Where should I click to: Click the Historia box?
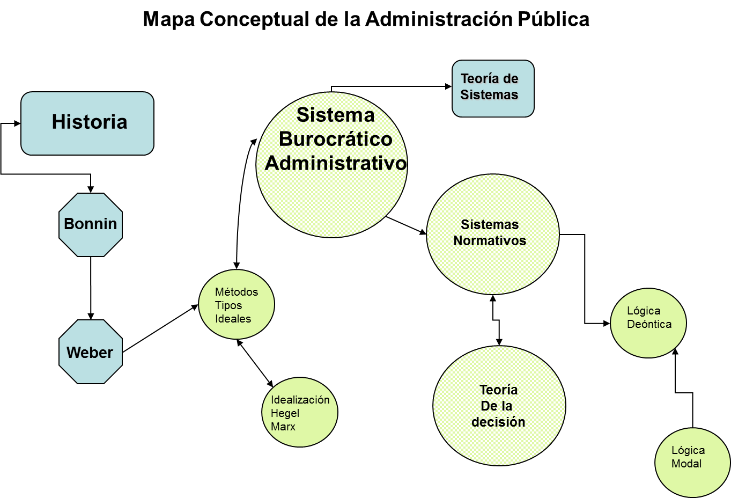click(87, 123)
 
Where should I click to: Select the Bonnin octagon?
click(91, 224)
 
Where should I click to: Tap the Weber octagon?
click(91, 352)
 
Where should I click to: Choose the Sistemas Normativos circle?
click(492, 234)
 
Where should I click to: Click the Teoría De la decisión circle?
click(499, 406)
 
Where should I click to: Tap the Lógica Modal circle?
click(692, 462)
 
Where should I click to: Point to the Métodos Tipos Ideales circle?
click(237, 305)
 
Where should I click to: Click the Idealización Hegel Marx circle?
click(300, 412)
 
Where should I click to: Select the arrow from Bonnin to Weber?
click(91, 288)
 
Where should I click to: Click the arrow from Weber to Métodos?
click(160, 328)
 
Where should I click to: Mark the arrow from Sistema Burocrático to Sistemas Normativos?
click(406, 225)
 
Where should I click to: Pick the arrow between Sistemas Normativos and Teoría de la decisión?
click(496, 320)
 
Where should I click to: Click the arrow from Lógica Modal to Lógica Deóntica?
click(684, 393)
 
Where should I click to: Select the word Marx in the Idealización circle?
click(283, 427)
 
